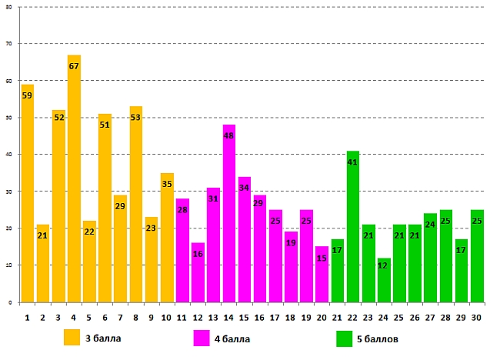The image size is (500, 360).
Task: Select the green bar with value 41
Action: (x=353, y=227)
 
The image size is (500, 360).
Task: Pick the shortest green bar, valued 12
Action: (x=384, y=280)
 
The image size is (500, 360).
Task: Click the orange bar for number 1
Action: (x=28, y=193)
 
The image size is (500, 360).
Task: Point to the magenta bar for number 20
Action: (x=322, y=274)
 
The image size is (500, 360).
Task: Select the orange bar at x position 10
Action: (x=167, y=238)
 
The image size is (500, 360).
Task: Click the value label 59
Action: (x=28, y=95)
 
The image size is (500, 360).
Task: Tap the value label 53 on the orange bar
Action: (x=136, y=118)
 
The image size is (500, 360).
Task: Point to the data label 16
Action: (x=198, y=254)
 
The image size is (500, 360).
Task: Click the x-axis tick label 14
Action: (x=229, y=317)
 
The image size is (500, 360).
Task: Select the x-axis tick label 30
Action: (x=477, y=317)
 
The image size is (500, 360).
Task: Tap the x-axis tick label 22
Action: (x=353, y=317)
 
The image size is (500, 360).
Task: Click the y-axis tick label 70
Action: (x=9, y=44)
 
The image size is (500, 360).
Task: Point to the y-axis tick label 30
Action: (x=9, y=192)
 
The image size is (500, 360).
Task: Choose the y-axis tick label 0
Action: (x=12, y=302)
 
